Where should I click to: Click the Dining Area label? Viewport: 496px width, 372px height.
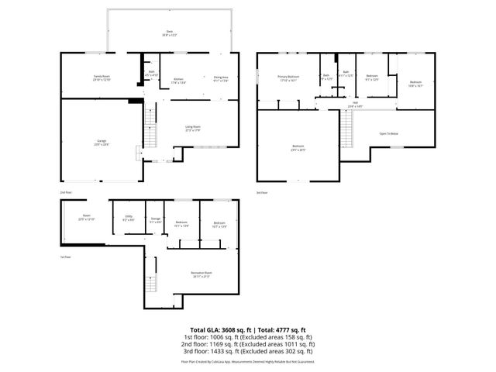(x=221, y=79)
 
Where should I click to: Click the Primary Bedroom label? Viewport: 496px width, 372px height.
(x=288, y=77)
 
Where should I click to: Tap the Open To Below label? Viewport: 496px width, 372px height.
(x=389, y=134)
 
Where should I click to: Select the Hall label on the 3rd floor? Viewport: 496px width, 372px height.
(x=353, y=104)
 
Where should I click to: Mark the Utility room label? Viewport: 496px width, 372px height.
(x=129, y=218)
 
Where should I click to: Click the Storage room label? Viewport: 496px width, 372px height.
(x=155, y=220)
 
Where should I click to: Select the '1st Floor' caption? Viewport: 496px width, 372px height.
(x=66, y=257)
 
